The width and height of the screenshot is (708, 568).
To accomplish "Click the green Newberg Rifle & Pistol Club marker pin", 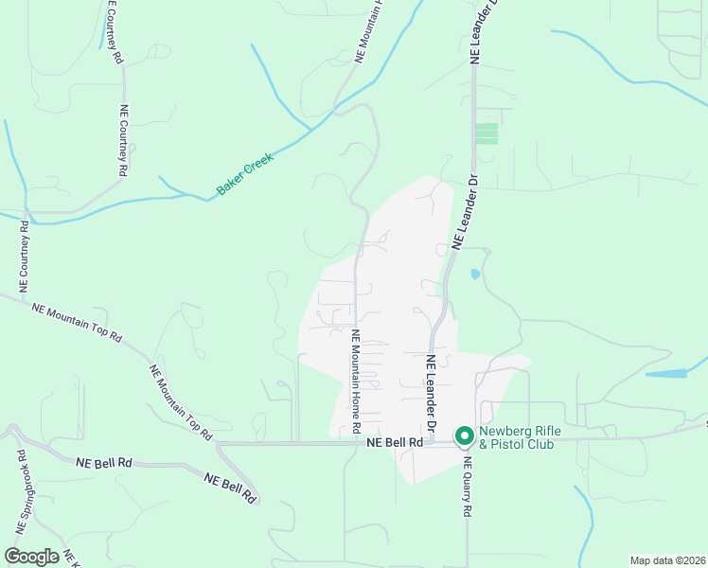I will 464,435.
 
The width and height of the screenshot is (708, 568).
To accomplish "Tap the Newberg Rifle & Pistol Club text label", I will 520,437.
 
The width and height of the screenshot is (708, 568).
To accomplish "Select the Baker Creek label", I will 245,175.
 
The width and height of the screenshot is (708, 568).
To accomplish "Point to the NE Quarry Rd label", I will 467,488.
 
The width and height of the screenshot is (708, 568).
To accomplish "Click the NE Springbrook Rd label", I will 22,496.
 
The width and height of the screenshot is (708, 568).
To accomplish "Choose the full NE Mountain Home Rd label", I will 357,381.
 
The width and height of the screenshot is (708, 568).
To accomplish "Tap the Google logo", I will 31,557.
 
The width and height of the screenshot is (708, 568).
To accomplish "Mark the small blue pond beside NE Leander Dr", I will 474,275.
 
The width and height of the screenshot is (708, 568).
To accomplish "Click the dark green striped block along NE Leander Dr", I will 487,133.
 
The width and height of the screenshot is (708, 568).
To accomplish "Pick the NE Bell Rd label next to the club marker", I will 388,443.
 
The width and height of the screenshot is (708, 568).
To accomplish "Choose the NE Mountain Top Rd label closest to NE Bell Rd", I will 180,401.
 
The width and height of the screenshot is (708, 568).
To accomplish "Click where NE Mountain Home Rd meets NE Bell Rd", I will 356,442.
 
